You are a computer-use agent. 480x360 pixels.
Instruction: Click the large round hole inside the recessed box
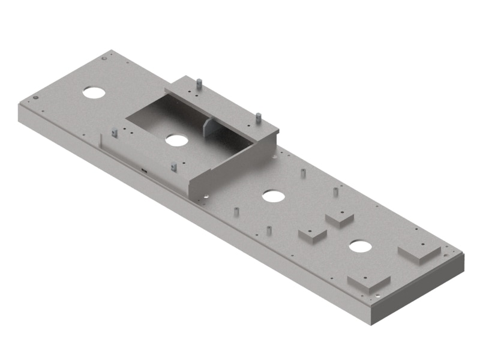point(176,140)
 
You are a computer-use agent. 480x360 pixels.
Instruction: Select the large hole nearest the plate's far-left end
point(94,92)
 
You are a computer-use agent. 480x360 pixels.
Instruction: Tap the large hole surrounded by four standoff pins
point(272,196)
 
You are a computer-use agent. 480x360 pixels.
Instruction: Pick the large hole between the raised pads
point(360,246)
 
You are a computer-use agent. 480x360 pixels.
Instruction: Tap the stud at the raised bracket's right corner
point(258,118)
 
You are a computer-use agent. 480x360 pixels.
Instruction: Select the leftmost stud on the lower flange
point(114,133)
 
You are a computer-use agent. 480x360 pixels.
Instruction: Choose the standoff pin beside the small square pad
point(335,192)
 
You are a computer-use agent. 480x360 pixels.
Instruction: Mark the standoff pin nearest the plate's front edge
point(269,230)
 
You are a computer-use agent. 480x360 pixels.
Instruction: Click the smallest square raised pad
point(340,219)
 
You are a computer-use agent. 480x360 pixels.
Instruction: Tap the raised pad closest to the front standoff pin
point(312,235)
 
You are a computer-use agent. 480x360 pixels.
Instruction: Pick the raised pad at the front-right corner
point(368,282)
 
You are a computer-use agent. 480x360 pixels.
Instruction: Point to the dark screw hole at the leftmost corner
point(36,98)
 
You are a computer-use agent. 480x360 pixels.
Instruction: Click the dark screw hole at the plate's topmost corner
point(104,58)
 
